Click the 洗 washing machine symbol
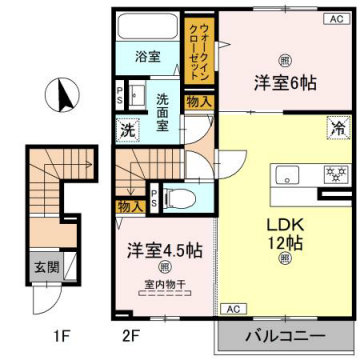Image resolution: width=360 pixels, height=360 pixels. (x=128, y=127)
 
